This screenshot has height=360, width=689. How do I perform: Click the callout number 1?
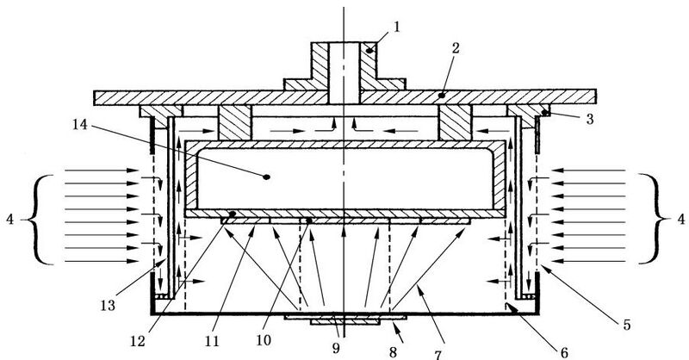[x=397, y=28]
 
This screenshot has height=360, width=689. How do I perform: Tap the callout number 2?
[x=456, y=48]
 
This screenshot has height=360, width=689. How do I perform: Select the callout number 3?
[x=590, y=119]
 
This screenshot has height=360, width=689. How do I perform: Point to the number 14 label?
[x=80, y=125]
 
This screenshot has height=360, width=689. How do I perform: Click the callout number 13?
[x=108, y=305]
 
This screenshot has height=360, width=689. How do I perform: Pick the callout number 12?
[x=138, y=341]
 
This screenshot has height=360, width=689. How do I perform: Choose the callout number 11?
[x=212, y=341]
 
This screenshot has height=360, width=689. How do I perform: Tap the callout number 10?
[x=264, y=340]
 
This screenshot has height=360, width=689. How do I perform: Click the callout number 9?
[x=336, y=348]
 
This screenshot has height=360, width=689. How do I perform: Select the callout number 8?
[x=393, y=351]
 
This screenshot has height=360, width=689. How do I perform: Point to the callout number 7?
[x=438, y=354]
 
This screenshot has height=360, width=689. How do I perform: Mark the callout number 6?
[x=564, y=352]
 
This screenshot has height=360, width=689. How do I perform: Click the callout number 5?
[x=627, y=325]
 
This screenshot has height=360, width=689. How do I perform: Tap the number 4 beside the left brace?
[x=10, y=219]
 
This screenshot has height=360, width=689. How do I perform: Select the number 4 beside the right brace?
[x=680, y=219]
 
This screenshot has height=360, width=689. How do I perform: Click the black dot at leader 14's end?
[x=266, y=177]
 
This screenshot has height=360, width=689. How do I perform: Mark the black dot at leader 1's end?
[x=370, y=51]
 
